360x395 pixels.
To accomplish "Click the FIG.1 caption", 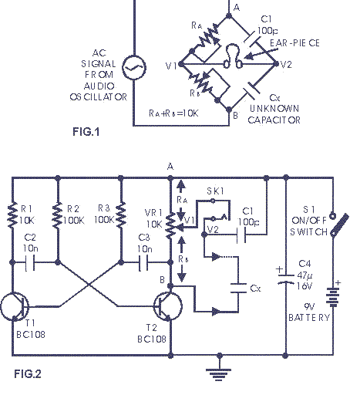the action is coord(86,132).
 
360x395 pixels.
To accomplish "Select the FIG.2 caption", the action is coord(28,373).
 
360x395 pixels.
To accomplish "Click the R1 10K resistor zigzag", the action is coord(12,215).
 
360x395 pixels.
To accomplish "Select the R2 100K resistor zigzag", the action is coord(58,215).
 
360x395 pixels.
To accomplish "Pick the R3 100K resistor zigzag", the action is coord(121,215).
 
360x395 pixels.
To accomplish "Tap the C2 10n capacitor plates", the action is coord(30,262).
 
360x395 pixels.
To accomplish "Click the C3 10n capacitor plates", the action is coord(143,262).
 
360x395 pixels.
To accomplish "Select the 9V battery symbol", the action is coord(333,297).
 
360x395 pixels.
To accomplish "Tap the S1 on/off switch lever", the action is coord(340,225).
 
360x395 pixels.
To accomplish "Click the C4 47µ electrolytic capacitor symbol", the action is coord(285,279).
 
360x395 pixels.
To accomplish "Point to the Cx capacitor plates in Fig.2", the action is coord(238,288).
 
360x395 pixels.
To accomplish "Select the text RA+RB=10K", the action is coord(173,113).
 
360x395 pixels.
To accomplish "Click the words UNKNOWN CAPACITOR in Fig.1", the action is coord(274,114).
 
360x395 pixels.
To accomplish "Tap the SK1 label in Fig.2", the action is coord(215,191).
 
